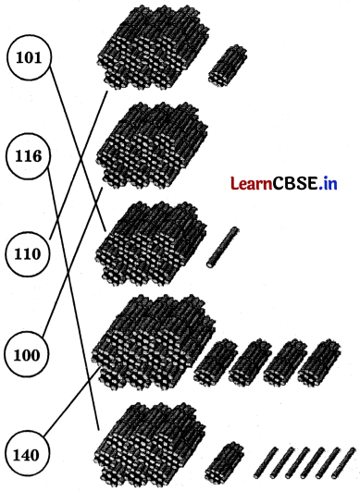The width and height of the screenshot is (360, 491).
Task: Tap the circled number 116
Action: (x=29, y=157)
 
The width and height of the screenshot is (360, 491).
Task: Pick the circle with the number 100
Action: (x=29, y=354)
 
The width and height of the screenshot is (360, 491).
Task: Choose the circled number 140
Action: (x=29, y=454)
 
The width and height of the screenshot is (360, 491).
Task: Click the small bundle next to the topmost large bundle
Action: (x=227, y=64)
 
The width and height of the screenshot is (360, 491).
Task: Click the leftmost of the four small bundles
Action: (x=215, y=362)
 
